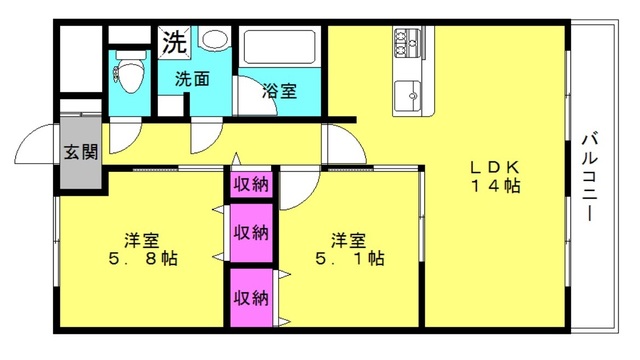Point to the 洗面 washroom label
coord(192,78)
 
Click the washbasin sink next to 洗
coord(214,40)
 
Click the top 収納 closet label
coord(251,184)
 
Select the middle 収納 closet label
coord(251,232)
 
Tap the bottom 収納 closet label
coord(251,297)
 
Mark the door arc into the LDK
coord(338,145)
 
